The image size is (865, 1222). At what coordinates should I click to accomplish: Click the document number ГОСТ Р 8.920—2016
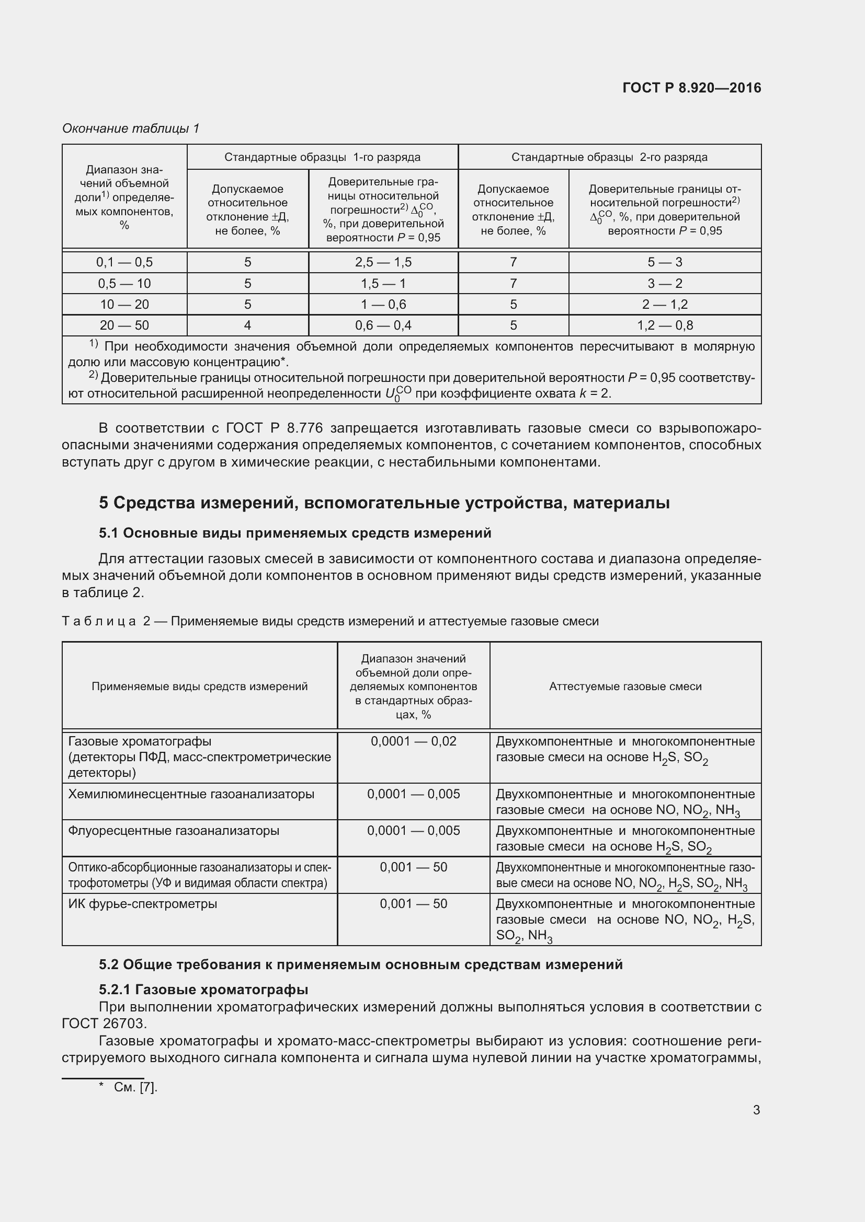tap(691, 88)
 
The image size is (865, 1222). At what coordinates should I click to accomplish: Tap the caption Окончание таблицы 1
tap(131, 129)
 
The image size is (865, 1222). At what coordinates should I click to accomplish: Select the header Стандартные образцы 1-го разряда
tap(322, 157)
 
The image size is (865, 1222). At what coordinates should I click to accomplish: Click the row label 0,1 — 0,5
tap(124, 262)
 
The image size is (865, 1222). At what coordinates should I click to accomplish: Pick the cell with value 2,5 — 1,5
tap(383, 262)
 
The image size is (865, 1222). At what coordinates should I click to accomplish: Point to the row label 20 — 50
tap(124, 325)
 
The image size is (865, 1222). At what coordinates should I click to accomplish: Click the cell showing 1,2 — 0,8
tap(665, 325)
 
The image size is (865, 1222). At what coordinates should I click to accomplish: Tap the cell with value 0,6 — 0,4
tap(383, 325)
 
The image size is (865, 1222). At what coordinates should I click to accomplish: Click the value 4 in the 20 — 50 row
tap(248, 325)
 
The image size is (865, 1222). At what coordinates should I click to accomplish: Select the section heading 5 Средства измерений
tap(384, 503)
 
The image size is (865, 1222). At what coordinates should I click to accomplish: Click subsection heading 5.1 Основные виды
tap(294, 533)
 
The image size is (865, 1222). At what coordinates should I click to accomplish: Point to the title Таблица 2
tap(330, 621)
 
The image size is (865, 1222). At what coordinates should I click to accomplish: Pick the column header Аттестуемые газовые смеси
tap(625, 686)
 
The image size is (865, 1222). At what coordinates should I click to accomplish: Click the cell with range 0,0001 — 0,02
tap(413, 741)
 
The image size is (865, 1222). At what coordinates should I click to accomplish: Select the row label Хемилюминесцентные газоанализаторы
tap(191, 794)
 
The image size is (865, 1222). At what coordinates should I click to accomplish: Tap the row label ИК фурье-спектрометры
tap(142, 904)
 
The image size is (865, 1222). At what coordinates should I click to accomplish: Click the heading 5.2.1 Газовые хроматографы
tap(203, 990)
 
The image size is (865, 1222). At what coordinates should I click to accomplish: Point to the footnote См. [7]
tap(135, 1087)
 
